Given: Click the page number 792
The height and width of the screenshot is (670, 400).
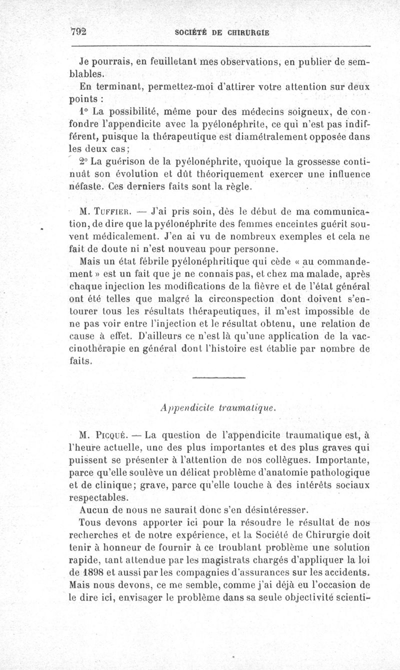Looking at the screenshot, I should coord(79,31).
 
